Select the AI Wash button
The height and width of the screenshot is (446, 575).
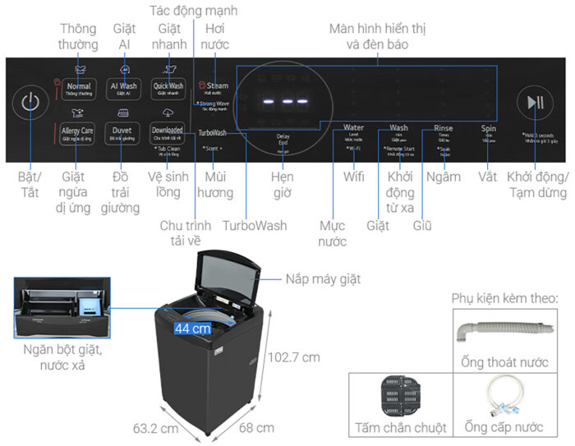(123, 86)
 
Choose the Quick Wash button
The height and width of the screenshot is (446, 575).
(168, 86)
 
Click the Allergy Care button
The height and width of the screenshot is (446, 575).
(77, 131)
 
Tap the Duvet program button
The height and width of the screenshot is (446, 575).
(123, 131)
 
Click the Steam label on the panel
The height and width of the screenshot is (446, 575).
(217, 85)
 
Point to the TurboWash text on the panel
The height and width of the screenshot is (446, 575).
(213, 132)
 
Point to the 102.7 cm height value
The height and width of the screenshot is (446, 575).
(293, 357)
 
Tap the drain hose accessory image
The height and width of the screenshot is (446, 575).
(503, 333)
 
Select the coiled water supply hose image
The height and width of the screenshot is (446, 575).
(504, 395)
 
